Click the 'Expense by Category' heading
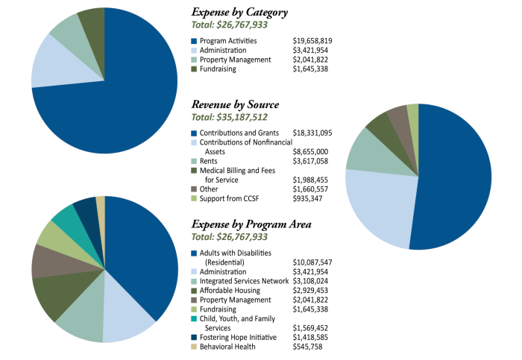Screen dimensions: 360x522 pyautogui.click(x=239, y=13)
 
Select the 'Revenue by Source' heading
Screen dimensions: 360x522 pyautogui.click(x=235, y=104)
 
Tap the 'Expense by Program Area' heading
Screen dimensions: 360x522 pyautogui.click(x=251, y=224)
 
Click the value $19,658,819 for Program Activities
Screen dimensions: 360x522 pyautogui.click(x=312, y=40)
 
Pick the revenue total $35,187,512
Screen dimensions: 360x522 pyautogui.click(x=230, y=118)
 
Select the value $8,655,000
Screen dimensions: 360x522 pyautogui.click(x=312, y=151)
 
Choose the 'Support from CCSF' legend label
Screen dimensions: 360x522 pyautogui.click(x=231, y=198)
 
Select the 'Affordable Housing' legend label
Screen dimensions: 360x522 pyautogui.click(x=230, y=291)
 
